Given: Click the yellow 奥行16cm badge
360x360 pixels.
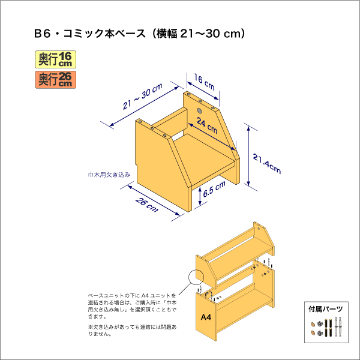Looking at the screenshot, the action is coord(56,59).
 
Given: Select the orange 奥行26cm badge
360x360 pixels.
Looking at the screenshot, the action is coord(56,80).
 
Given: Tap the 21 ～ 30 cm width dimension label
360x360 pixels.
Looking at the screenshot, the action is coord(143,97).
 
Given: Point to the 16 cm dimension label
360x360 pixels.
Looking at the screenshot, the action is coord(205,82).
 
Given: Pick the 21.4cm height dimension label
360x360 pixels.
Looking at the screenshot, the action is coord(267,164).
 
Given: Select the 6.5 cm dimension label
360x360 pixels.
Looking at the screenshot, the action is coord(214,189).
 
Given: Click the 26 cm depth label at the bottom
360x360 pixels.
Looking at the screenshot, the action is coord(147,205).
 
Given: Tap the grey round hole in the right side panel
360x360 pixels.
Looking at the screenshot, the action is coord(200,111).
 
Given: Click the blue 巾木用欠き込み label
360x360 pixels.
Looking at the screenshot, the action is coord(109,175).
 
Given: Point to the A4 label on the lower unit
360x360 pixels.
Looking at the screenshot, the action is coord(206,317).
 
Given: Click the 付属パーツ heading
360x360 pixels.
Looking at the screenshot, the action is coord(326,309).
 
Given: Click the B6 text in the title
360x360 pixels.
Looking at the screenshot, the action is coord(42,34).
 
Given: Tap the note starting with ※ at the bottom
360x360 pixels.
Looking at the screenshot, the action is coord(132,330).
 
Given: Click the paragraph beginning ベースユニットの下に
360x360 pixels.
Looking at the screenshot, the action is coord(132,306).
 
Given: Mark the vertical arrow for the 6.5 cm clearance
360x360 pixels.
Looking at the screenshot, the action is coord(200,196).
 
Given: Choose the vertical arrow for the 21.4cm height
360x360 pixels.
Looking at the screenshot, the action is coord(248,156).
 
